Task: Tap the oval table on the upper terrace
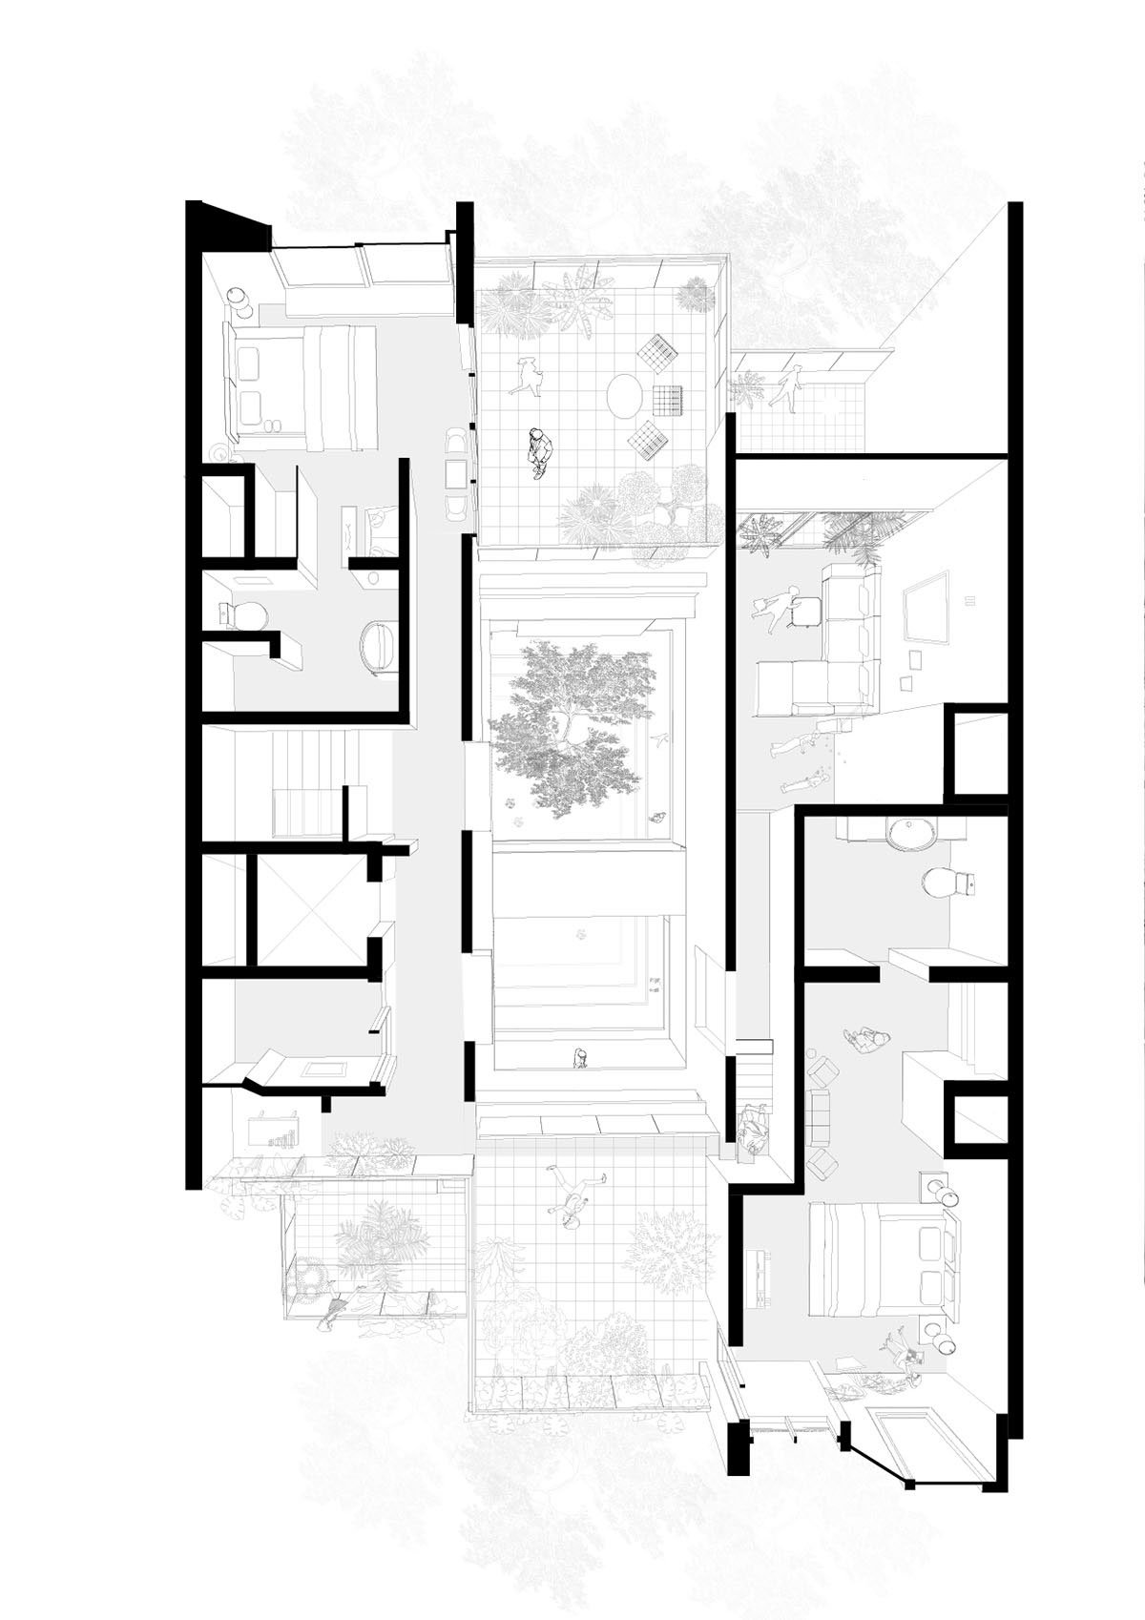627,395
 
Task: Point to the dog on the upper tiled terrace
527,375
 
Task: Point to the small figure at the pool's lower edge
579,1057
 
